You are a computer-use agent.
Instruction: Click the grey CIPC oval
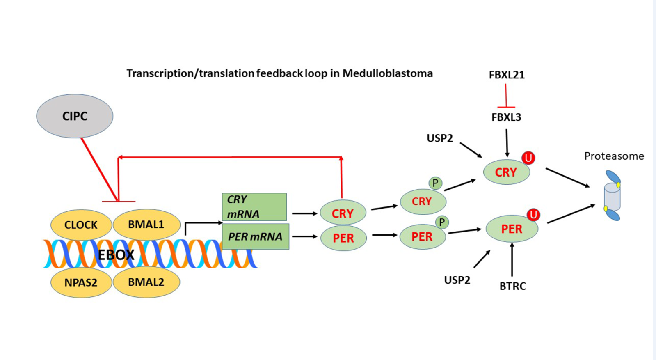[75, 116]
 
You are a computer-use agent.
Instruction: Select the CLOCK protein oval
[81, 225]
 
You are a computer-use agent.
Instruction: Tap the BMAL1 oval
[146, 225]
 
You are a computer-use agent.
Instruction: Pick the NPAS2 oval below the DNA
[81, 282]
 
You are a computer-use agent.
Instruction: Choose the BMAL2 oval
[146, 282]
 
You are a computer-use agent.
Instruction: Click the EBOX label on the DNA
[116, 255]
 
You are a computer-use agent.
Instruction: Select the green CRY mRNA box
[254, 207]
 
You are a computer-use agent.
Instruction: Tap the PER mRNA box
[255, 236]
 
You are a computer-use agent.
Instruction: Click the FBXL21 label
[507, 75]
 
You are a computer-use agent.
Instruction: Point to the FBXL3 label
[506, 117]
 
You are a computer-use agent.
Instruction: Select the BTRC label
[512, 286]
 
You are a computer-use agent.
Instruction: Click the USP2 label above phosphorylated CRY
[440, 138]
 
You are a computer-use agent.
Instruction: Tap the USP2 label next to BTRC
[457, 280]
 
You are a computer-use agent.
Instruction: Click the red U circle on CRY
[528, 158]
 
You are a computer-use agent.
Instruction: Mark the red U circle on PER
[533, 215]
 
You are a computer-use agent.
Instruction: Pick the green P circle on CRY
[435, 183]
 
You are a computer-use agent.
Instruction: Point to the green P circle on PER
[442, 222]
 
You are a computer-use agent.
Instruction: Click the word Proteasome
[614, 156]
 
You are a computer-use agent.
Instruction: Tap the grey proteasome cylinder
[612, 197]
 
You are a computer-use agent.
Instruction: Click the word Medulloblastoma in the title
[387, 73]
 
